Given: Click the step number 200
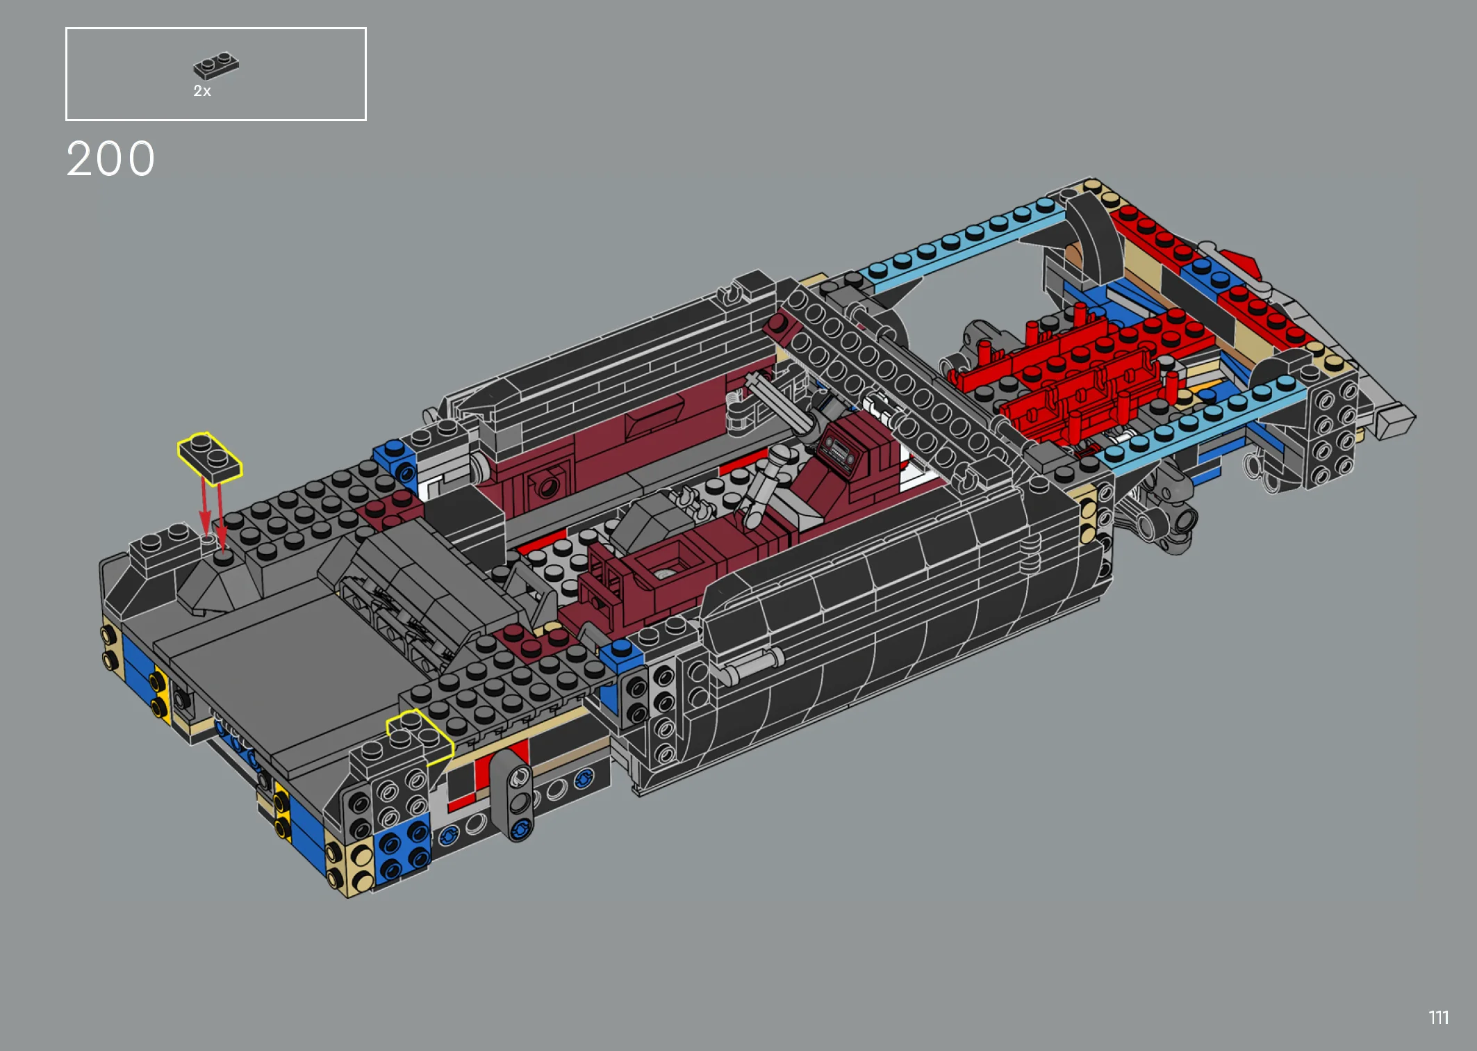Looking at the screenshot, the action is tap(110, 159).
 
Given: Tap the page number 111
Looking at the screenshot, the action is tap(1439, 1018).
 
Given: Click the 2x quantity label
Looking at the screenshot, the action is tap(202, 91).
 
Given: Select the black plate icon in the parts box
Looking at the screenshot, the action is tap(216, 65).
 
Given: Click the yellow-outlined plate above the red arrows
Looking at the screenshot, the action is tap(210, 456).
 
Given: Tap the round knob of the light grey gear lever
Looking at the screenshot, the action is tap(783, 455).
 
